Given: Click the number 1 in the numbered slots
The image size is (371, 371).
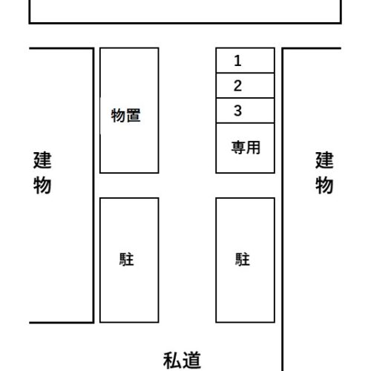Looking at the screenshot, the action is click(x=237, y=61).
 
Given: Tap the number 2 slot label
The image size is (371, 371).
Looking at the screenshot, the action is click(x=237, y=85).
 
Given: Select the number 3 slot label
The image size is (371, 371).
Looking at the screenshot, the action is click(x=237, y=111).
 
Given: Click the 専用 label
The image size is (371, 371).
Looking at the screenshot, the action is click(x=246, y=148).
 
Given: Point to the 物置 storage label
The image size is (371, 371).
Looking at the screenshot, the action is click(x=126, y=115).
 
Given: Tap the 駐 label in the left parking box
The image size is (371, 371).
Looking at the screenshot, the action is click(x=126, y=259).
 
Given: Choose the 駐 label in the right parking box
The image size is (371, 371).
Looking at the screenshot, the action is click(x=243, y=259).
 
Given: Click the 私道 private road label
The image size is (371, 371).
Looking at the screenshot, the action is click(x=182, y=361).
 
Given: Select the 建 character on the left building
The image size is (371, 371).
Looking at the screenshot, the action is click(x=42, y=160).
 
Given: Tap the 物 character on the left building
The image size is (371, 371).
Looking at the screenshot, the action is click(x=42, y=185).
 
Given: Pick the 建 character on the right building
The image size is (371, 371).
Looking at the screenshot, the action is click(x=324, y=160).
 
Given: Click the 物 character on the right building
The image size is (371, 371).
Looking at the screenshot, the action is click(x=324, y=185).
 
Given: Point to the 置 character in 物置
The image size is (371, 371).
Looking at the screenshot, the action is click(x=134, y=115).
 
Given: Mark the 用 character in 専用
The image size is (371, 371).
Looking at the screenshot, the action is click(x=253, y=148).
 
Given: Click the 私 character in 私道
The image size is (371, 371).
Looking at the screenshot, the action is click(x=172, y=361).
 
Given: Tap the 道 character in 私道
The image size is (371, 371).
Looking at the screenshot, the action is click(x=191, y=361).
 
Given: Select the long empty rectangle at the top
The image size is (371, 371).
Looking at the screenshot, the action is click(x=185, y=23).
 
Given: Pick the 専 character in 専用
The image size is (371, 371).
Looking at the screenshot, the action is click(x=238, y=148).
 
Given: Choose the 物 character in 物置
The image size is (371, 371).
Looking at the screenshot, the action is click(x=118, y=115).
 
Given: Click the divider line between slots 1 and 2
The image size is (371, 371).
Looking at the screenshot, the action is click(x=245, y=73).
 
